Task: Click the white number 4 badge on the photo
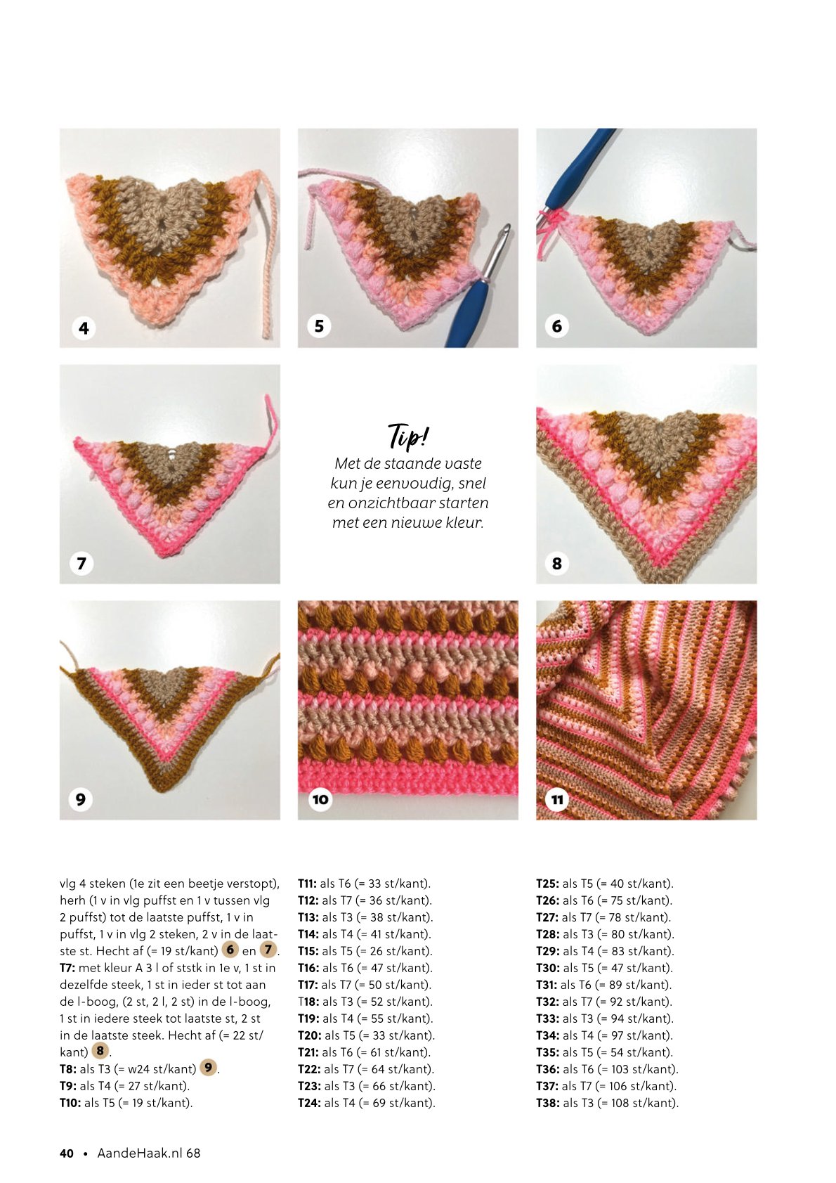(x=84, y=328)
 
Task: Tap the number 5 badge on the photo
(x=320, y=326)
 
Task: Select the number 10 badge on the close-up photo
(x=320, y=799)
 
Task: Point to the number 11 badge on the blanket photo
(x=557, y=800)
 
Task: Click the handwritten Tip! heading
(x=408, y=437)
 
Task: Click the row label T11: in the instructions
(x=307, y=884)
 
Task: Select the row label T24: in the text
(x=308, y=1104)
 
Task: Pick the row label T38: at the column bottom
(x=547, y=1104)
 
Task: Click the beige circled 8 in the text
(x=100, y=1050)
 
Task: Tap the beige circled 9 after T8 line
(x=209, y=1067)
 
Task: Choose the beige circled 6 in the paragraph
(x=230, y=949)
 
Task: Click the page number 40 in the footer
(x=67, y=1153)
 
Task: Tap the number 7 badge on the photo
(x=81, y=564)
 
